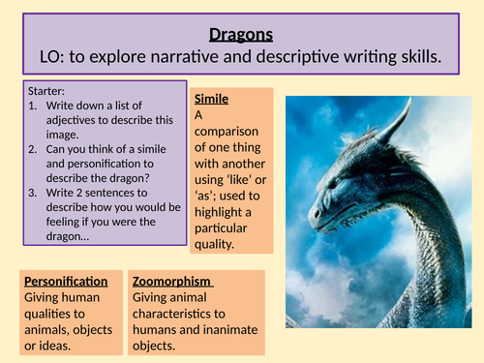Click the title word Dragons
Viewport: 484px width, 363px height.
coord(242,34)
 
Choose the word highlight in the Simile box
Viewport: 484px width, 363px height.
coord(225,212)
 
